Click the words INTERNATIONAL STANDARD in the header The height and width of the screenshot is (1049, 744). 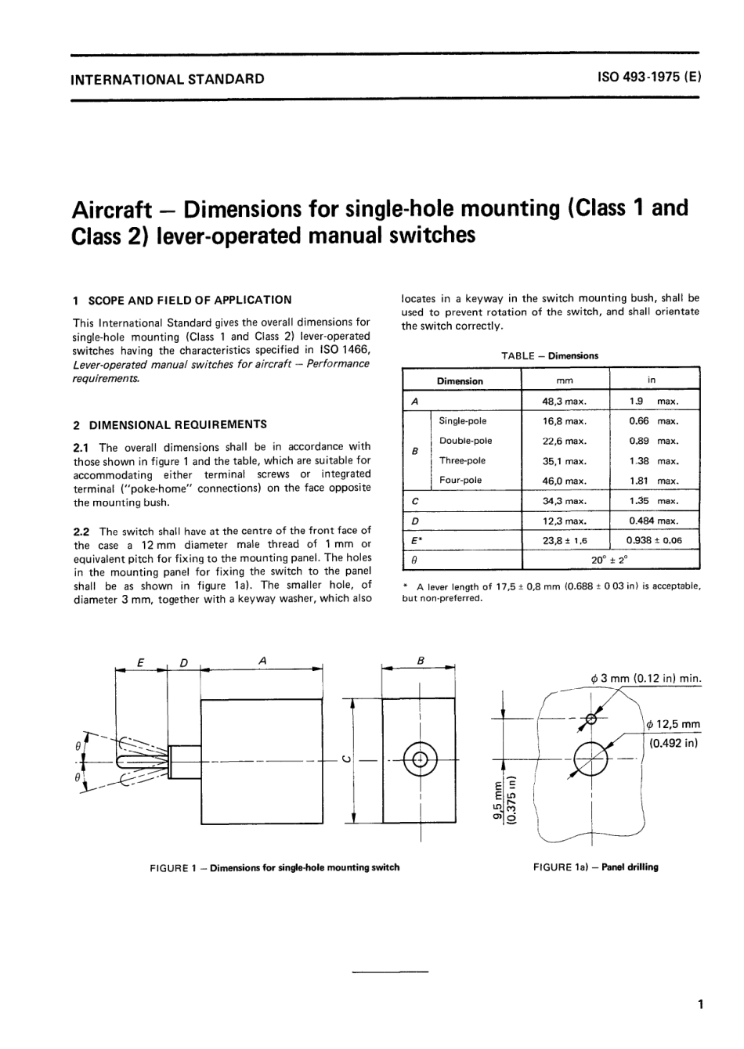[168, 78]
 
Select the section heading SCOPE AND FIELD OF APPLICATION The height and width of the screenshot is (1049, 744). [189, 299]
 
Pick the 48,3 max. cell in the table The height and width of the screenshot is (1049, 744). [565, 401]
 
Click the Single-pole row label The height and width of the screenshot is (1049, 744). [463, 421]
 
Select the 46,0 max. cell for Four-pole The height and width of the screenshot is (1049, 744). [565, 481]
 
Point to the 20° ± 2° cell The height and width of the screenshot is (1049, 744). [610, 560]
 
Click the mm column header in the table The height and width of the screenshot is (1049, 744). [565, 380]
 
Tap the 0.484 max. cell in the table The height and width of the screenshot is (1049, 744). [654, 521]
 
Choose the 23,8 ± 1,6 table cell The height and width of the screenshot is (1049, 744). [565, 540]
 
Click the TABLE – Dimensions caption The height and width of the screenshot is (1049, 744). [549, 355]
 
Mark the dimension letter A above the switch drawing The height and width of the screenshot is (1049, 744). [263, 661]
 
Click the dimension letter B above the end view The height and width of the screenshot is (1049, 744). [420, 661]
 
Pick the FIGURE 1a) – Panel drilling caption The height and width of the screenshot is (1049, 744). [595, 867]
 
